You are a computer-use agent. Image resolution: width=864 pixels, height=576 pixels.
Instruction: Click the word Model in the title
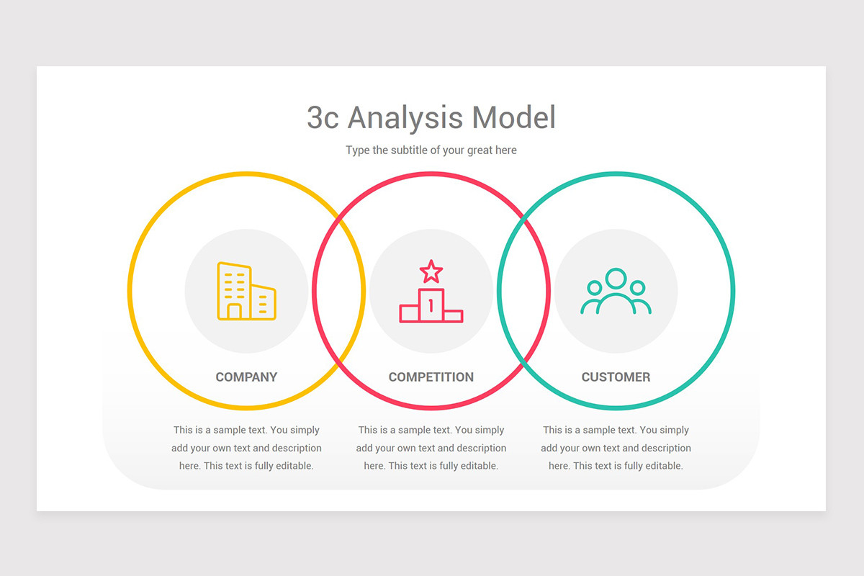pyautogui.click(x=514, y=117)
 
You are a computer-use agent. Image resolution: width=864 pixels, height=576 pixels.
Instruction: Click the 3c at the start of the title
pyautogui.click(x=323, y=117)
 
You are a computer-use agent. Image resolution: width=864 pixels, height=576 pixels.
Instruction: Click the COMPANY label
pyautogui.click(x=246, y=377)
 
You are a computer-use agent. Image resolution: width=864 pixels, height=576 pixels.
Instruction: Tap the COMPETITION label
pyautogui.click(x=431, y=377)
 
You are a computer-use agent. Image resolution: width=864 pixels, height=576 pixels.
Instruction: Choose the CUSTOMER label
pyautogui.click(x=616, y=377)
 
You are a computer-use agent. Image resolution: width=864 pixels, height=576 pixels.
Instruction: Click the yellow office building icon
pyautogui.click(x=246, y=291)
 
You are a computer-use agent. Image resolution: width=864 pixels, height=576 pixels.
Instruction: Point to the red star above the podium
pyautogui.click(x=431, y=271)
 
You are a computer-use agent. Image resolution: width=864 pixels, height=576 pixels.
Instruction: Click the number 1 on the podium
pyautogui.click(x=431, y=305)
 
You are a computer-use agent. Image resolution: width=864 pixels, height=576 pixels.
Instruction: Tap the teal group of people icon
pyautogui.click(x=616, y=291)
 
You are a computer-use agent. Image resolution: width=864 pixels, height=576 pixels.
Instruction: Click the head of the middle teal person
pyautogui.click(x=616, y=278)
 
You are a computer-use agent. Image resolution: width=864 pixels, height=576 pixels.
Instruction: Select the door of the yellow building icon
pyautogui.click(x=234, y=311)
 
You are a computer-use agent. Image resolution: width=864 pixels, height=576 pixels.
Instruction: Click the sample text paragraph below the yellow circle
pyautogui.click(x=246, y=448)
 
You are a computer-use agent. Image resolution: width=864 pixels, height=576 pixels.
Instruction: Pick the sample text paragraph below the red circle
pyautogui.click(x=431, y=448)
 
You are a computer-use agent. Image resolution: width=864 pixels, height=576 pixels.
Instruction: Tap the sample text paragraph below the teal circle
pyautogui.click(x=616, y=448)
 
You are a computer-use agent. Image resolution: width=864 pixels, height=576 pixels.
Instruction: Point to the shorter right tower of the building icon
pyautogui.click(x=264, y=302)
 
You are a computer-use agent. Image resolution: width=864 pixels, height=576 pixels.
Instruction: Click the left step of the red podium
pyautogui.click(x=409, y=314)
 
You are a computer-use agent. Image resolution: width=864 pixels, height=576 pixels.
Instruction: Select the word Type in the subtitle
pyautogui.click(x=358, y=150)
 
